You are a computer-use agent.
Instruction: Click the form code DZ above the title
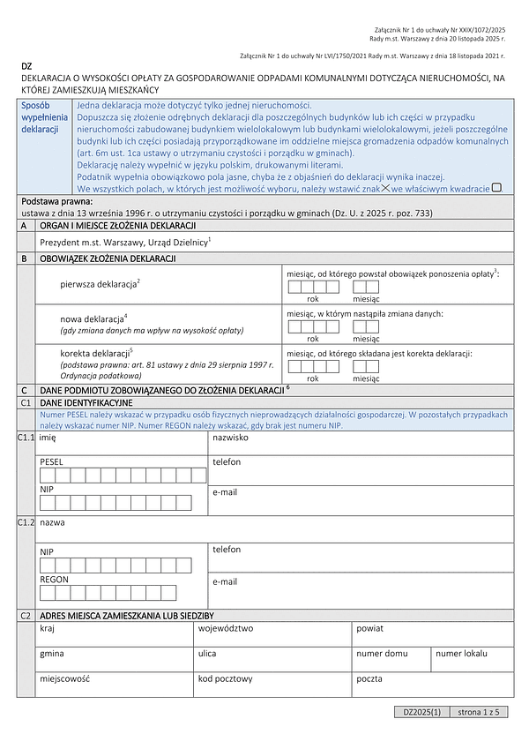tap(26, 67)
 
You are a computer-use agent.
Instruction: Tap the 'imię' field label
tap(48, 437)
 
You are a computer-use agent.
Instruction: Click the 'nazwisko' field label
tap(230, 437)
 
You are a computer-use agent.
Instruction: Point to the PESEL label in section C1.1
tap(51, 461)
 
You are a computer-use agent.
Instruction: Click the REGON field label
tap(54, 580)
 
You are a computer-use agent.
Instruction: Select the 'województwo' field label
tap(226, 629)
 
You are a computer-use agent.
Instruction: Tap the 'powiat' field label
tap(369, 629)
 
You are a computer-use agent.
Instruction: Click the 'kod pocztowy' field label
tap(226, 679)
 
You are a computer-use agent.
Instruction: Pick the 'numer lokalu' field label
tap(461, 654)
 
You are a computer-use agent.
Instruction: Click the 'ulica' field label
tap(207, 654)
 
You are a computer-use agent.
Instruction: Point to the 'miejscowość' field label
tap(63, 679)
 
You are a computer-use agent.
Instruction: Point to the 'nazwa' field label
tap(52, 523)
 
